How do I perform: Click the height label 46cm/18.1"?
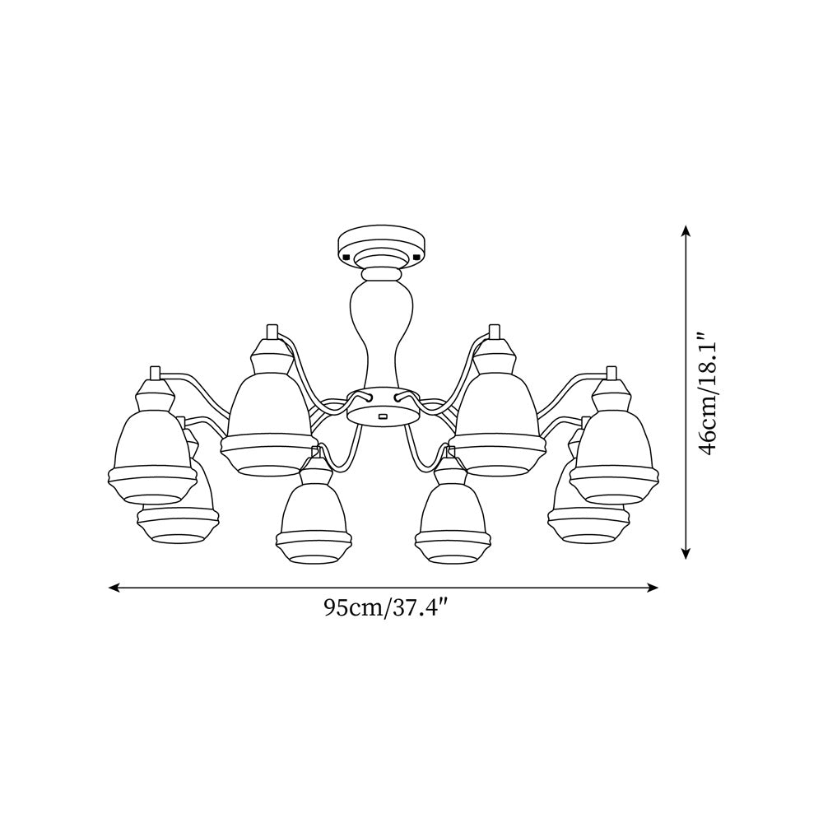708,393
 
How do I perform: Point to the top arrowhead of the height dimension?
685,231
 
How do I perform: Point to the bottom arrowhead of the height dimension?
685,553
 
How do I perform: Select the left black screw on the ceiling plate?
346,257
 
